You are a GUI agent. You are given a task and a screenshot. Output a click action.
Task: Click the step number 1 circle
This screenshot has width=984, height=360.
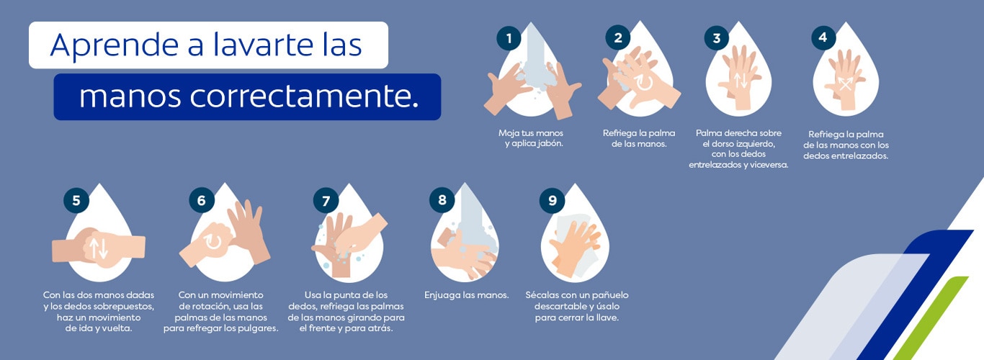pyautogui.click(x=509, y=38)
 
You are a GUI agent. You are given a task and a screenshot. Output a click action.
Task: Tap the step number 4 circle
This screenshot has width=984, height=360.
pyautogui.click(x=823, y=38)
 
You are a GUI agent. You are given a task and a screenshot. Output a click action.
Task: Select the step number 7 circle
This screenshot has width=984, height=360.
pyautogui.click(x=326, y=201)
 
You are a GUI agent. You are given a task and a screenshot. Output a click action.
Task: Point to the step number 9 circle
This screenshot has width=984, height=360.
pyautogui.click(x=552, y=201)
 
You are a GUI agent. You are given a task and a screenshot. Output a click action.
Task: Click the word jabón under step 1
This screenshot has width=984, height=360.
pyautogui.click(x=547, y=143)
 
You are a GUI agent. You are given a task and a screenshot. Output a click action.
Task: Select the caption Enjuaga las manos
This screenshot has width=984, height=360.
pyautogui.click(x=467, y=295)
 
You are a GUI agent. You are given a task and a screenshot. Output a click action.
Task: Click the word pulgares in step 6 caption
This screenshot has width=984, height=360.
pyautogui.click(x=256, y=328)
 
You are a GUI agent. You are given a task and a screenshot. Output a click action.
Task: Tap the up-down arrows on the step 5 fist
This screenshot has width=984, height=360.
pyautogui.click(x=99, y=248)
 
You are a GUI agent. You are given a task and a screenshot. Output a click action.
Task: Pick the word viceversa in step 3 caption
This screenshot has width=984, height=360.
pyautogui.click(x=766, y=164)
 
